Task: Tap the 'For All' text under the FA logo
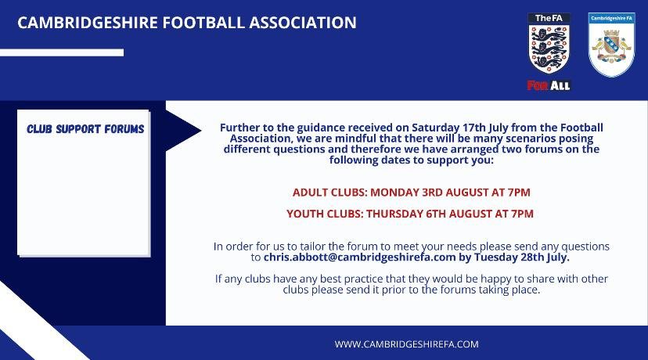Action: [549, 85]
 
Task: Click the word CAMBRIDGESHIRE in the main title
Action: [87, 23]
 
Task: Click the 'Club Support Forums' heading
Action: [85, 129]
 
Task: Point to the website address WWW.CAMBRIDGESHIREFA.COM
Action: [406, 344]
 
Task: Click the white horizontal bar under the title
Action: [62, 52]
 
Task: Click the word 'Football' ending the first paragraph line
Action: [580, 128]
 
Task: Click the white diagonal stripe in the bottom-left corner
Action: [23, 321]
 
